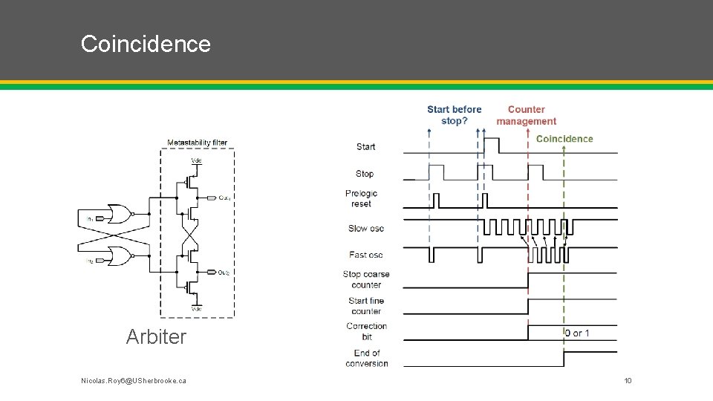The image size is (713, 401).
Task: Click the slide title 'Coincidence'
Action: click(146, 44)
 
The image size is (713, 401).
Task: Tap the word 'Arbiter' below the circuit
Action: click(156, 336)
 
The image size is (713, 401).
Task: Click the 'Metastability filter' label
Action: click(197, 143)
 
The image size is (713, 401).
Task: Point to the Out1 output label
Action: click(224, 198)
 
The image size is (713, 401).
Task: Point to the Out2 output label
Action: click(224, 273)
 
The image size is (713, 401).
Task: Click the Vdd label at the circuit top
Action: click(196, 160)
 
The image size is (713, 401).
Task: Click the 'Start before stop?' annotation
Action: click(454, 115)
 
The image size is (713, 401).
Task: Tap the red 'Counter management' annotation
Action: click(526, 115)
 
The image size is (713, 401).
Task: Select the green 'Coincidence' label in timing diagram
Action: click(564, 139)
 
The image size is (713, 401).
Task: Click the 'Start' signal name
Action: click(365, 147)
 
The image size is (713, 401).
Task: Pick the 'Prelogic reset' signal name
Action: click(361, 198)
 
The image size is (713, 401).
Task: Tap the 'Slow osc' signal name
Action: click(365, 228)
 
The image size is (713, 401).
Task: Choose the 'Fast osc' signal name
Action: click(365, 255)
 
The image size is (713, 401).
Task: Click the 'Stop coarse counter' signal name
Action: click(366, 279)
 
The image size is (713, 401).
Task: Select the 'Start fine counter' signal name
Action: click(366, 306)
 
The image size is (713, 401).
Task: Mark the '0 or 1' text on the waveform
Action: click(577, 333)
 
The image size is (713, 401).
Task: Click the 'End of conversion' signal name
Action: click(366, 358)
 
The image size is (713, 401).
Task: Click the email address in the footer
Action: click(134, 381)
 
